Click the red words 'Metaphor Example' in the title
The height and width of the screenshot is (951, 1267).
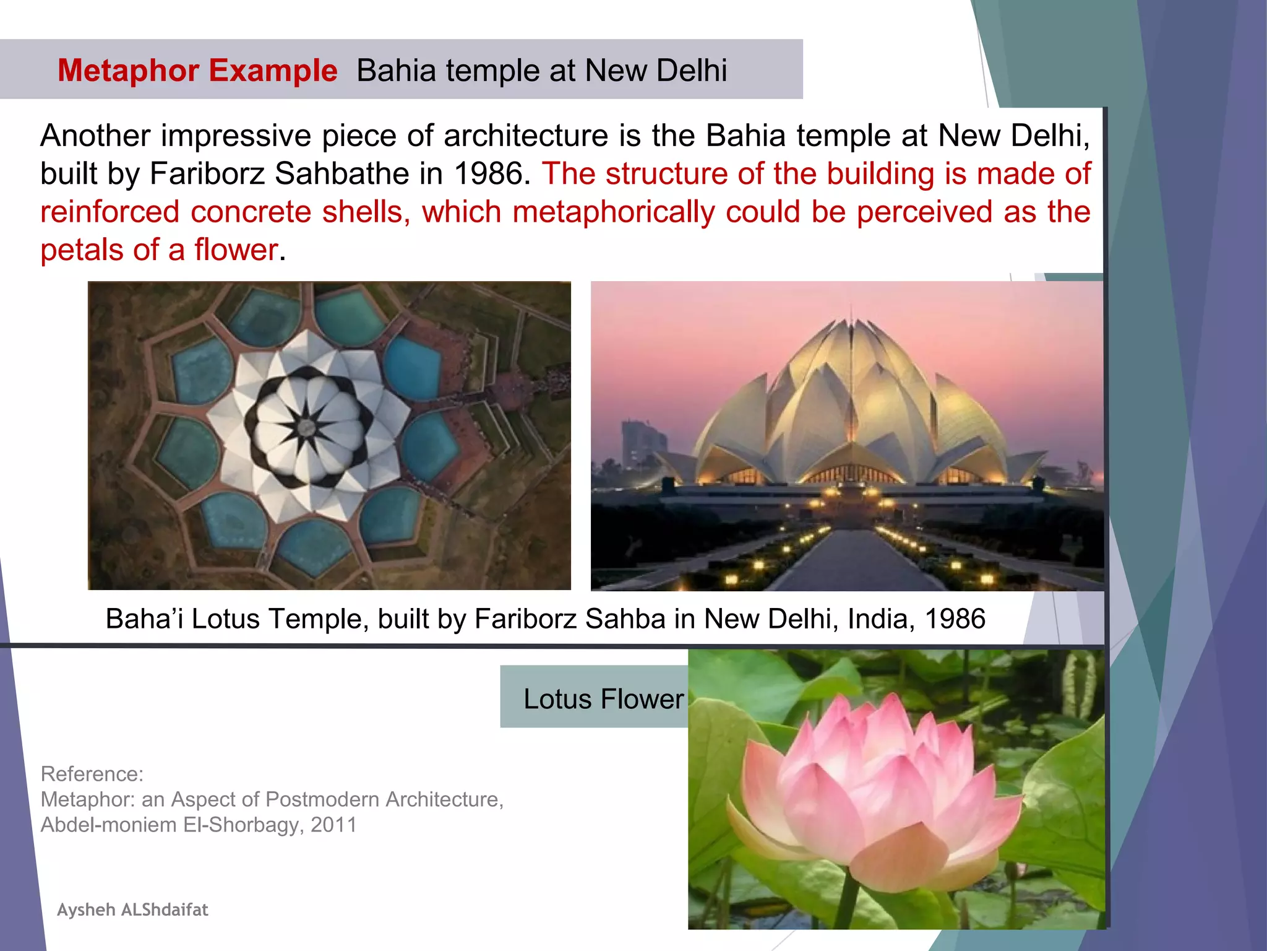(197, 71)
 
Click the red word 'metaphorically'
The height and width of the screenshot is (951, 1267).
(613, 212)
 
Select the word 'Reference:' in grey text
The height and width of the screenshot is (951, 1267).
(92, 774)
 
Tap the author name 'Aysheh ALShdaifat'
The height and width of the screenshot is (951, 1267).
(132, 910)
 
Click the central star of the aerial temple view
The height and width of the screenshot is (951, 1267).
(305, 426)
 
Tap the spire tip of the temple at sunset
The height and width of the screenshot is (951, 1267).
(852, 310)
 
